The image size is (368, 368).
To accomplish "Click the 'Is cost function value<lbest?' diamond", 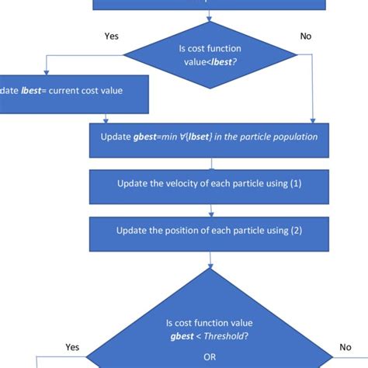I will [210, 55].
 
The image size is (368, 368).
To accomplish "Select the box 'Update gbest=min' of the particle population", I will [210, 137].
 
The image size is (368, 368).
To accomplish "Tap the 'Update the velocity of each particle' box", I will [210, 184].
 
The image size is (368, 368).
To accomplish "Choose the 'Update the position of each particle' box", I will [210, 231].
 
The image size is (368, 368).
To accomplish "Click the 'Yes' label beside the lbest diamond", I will [111, 36].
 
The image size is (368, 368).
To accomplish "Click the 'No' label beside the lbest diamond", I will [307, 36].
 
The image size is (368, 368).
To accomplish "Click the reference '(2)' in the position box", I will [293, 231].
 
